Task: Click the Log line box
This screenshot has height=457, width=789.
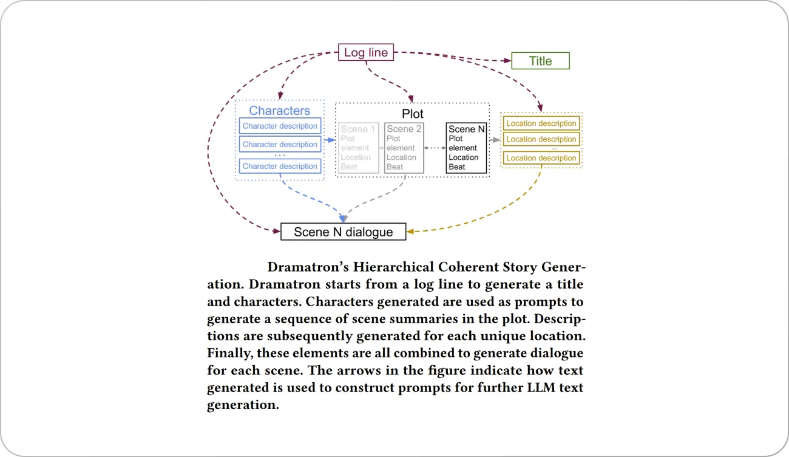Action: pyautogui.click(x=365, y=53)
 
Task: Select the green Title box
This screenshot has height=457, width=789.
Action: pyautogui.click(x=540, y=61)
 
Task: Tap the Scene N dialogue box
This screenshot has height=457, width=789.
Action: pyautogui.click(x=343, y=232)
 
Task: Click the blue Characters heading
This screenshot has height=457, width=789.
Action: pyautogui.click(x=279, y=111)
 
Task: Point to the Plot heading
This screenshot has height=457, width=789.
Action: pyautogui.click(x=413, y=114)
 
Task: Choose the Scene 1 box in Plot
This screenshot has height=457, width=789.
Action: pyautogui.click(x=358, y=148)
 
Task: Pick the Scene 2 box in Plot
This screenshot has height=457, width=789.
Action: pyautogui.click(x=404, y=148)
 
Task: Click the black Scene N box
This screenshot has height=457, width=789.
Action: pyautogui.click(x=466, y=148)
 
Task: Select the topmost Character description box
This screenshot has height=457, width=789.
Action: pyautogui.click(x=280, y=126)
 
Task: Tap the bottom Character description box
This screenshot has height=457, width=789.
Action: pyautogui.click(x=280, y=166)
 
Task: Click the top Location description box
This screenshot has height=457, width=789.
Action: pyautogui.click(x=541, y=123)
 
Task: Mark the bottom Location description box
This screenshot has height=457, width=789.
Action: pyautogui.click(x=541, y=158)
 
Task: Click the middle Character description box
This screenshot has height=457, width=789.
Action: pyautogui.click(x=280, y=144)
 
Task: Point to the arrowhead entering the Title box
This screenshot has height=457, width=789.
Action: pyautogui.click(x=507, y=61)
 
